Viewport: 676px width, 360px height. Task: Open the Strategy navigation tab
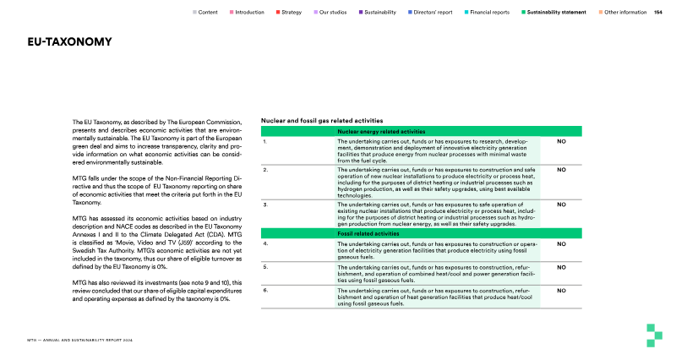[291, 13]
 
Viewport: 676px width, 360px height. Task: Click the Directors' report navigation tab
[434, 13]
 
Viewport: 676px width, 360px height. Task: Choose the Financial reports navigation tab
[489, 13]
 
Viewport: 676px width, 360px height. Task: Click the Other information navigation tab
[626, 13]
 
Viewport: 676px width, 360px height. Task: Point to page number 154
[658, 13]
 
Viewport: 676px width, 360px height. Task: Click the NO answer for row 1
[560, 142]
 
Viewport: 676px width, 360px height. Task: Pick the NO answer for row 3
[560, 205]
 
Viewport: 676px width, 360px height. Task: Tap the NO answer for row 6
[560, 291]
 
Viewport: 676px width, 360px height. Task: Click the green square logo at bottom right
[651, 335]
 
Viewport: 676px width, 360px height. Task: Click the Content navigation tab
[205, 13]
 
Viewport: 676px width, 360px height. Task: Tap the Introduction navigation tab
[247, 13]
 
